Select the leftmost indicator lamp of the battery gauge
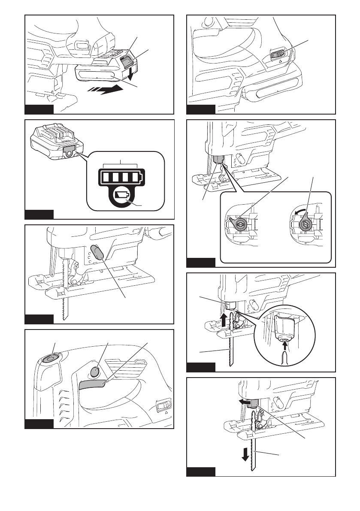[105, 177]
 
